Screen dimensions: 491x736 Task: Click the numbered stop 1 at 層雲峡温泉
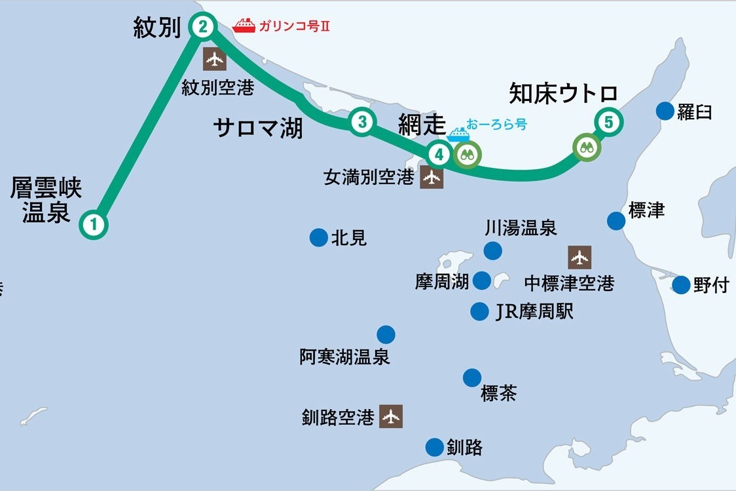click(94, 225)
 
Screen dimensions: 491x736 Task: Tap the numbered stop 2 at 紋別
click(202, 27)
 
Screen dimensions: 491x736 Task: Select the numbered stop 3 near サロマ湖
click(361, 121)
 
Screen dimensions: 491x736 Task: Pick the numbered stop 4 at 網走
click(439, 155)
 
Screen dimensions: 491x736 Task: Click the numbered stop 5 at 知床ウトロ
click(608, 121)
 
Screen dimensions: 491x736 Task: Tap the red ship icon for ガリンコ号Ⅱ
click(244, 26)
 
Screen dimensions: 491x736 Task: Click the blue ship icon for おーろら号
click(458, 135)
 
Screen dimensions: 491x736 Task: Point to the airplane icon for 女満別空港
click(432, 178)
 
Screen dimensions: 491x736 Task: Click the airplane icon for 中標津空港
click(580, 258)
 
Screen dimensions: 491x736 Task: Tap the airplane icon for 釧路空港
click(391, 416)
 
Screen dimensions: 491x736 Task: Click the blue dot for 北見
click(318, 237)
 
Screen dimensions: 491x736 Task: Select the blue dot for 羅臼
click(665, 111)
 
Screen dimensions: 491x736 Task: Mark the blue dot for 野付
click(682, 285)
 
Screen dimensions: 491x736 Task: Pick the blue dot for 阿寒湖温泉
click(386, 335)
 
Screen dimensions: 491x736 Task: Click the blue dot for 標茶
click(472, 378)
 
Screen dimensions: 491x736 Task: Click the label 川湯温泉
click(521, 228)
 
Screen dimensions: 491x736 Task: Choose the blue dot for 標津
click(616, 221)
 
